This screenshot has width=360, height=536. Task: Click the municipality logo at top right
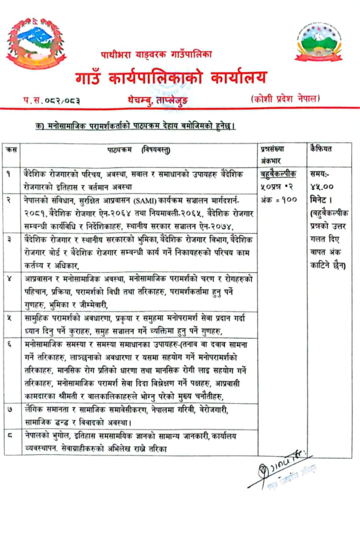coord(318,41)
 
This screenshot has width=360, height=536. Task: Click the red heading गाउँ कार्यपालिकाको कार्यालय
coord(171,77)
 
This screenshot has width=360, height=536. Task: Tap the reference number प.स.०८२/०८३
coord(52,100)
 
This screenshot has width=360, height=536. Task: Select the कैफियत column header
coord(321,150)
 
